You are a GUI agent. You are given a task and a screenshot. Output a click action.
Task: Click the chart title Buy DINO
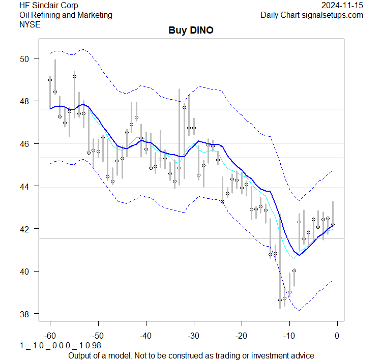(x=191, y=31)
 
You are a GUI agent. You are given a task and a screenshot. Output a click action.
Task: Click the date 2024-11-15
(x=342, y=5)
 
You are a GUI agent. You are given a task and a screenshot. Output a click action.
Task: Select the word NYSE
(x=30, y=24)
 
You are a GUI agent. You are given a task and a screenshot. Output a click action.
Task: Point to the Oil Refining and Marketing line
(x=66, y=15)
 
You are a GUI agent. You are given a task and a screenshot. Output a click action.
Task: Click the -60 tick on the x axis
(x=50, y=335)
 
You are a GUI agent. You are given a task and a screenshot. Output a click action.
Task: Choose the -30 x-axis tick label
(x=193, y=335)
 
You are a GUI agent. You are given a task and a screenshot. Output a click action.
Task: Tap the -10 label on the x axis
(x=289, y=335)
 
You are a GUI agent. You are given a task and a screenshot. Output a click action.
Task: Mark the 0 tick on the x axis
(x=337, y=335)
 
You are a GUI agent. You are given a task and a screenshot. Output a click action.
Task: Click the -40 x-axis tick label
(x=145, y=335)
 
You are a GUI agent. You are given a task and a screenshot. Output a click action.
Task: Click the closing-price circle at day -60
(x=50, y=80)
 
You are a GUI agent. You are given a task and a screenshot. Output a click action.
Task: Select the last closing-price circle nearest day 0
(x=333, y=224)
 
